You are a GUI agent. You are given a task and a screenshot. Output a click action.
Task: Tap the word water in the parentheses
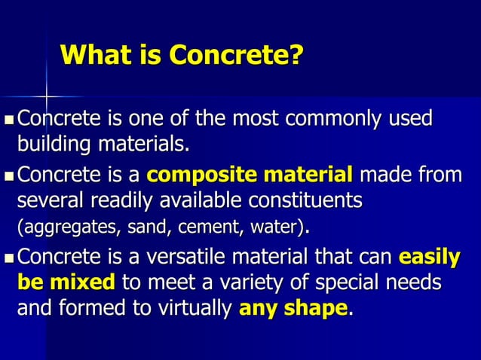tap(268, 226)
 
